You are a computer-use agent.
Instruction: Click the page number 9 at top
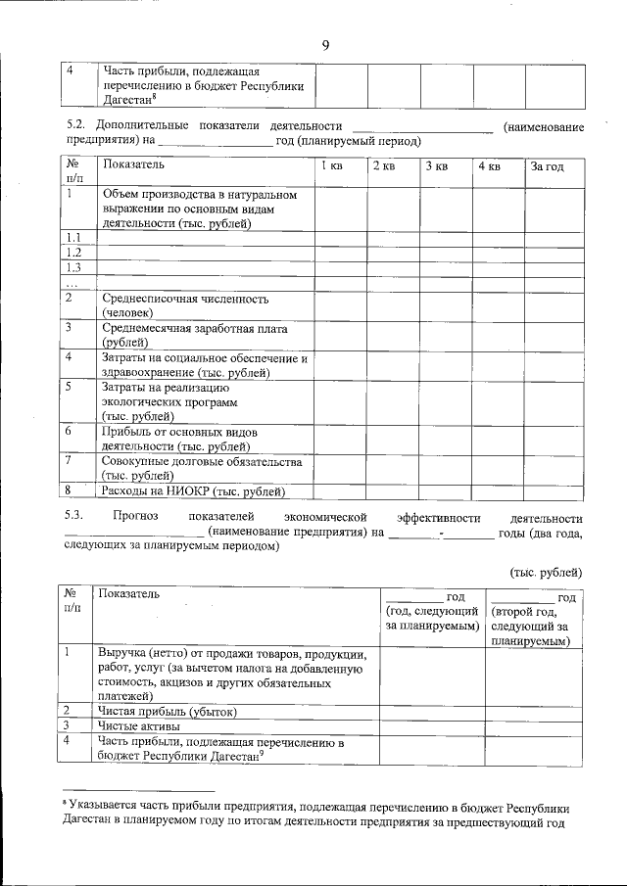click(x=325, y=45)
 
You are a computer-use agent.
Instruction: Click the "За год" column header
click(x=547, y=166)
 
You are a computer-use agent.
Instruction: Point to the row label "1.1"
click(x=72, y=238)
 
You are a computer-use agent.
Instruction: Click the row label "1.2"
click(x=72, y=253)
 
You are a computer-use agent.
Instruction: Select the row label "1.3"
click(x=72, y=267)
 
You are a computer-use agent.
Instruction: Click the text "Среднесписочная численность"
click(x=185, y=299)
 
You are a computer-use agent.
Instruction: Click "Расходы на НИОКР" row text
click(x=193, y=490)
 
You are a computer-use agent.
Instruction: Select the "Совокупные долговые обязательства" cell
click(x=201, y=461)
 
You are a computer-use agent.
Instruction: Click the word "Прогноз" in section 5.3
click(x=135, y=517)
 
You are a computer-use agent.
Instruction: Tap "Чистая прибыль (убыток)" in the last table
click(x=167, y=711)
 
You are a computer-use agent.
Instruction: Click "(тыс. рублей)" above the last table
click(x=547, y=571)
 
